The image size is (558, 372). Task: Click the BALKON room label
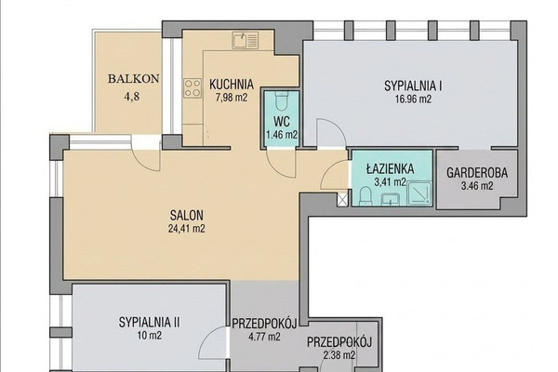(x=133, y=79)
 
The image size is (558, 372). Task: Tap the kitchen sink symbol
(x=245, y=40)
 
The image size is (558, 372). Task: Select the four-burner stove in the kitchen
(x=193, y=88)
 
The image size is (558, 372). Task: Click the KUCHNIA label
(x=232, y=85)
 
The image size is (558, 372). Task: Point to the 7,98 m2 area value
(x=232, y=98)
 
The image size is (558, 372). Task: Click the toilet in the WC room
(x=282, y=101)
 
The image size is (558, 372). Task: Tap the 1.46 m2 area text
(x=282, y=135)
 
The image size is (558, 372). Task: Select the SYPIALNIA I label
(x=413, y=86)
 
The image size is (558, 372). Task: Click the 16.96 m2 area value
(x=413, y=99)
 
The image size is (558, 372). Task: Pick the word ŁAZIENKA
(x=390, y=168)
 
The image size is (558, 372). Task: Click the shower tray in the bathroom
(x=419, y=193)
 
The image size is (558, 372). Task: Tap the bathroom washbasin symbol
(x=391, y=199)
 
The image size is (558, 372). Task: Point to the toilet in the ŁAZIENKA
(x=365, y=196)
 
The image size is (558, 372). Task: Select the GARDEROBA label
(x=477, y=173)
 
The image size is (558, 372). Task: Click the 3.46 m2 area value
(x=477, y=186)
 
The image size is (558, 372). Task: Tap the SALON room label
(x=187, y=216)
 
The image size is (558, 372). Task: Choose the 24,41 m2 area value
(x=187, y=228)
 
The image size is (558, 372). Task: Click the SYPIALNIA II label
(x=149, y=323)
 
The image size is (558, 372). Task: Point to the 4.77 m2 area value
(x=264, y=337)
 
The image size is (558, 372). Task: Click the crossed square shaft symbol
(x=342, y=199)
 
